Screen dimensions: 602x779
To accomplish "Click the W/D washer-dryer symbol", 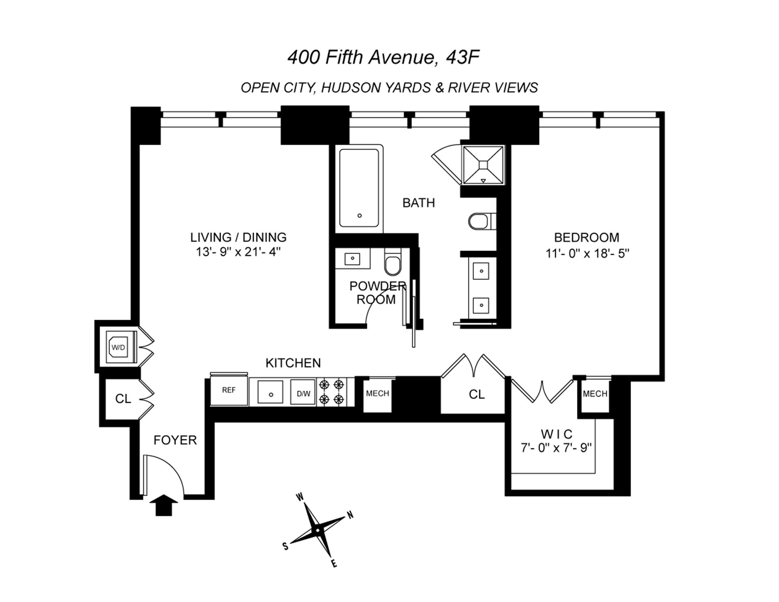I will [x=118, y=348].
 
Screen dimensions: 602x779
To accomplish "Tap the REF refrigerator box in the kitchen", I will [x=229, y=390].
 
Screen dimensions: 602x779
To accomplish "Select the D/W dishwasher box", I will [x=303, y=393].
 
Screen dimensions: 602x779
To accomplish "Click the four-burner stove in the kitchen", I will [x=331, y=392].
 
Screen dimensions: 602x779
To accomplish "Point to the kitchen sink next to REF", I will [x=270, y=392].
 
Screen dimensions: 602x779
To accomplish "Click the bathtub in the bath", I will [x=359, y=188].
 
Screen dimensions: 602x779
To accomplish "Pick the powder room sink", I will [x=352, y=259].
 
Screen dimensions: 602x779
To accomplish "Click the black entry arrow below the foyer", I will [x=164, y=505].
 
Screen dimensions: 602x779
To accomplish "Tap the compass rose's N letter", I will [x=350, y=515].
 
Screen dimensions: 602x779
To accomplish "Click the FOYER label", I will [x=175, y=440].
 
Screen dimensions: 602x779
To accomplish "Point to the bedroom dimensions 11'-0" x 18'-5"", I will [x=587, y=254].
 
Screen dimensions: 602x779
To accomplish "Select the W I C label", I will [x=556, y=434].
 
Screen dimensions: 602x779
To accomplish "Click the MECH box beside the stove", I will [x=377, y=393].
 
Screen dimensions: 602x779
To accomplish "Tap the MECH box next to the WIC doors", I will [x=595, y=394].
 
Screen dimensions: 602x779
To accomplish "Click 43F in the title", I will [x=463, y=58].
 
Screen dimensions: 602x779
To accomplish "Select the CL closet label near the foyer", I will [x=123, y=399].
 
